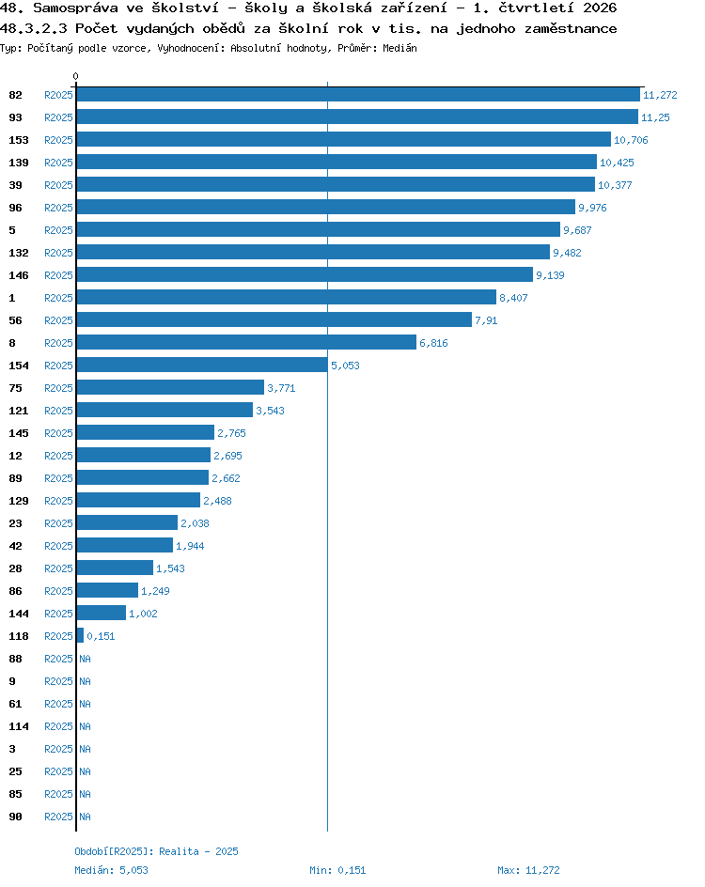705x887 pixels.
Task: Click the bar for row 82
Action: (x=358, y=95)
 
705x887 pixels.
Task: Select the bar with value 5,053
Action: (x=202, y=365)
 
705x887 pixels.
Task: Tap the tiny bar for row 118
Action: (x=80, y=635)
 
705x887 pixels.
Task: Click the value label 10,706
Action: (x=631, y=140)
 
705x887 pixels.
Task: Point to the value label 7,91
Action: (x=486, y=320)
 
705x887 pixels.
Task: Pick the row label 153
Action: (x=19, y=140)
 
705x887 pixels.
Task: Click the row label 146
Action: (x=19, y=275)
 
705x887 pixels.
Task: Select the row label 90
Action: (x=15, y=817)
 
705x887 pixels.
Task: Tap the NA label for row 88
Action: (x=85, y=659)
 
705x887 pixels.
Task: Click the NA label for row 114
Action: (x=85, y=726)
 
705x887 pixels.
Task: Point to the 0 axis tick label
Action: (x=76, y=76)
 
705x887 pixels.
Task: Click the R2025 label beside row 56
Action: (x=59, y=320)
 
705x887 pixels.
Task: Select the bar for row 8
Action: (x=246, y=342)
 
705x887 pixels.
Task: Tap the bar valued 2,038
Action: (x=127, y=522)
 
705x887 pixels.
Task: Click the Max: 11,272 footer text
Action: (x=528, y=870)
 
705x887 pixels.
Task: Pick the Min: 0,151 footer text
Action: (x=337, y=870)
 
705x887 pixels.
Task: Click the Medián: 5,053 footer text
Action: (x=112, y=870)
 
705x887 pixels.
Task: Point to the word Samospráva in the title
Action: (x=76, y=8)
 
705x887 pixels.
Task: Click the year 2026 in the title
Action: (x=600, y=8)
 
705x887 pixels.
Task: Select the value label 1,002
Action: (x=143, y=614)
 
